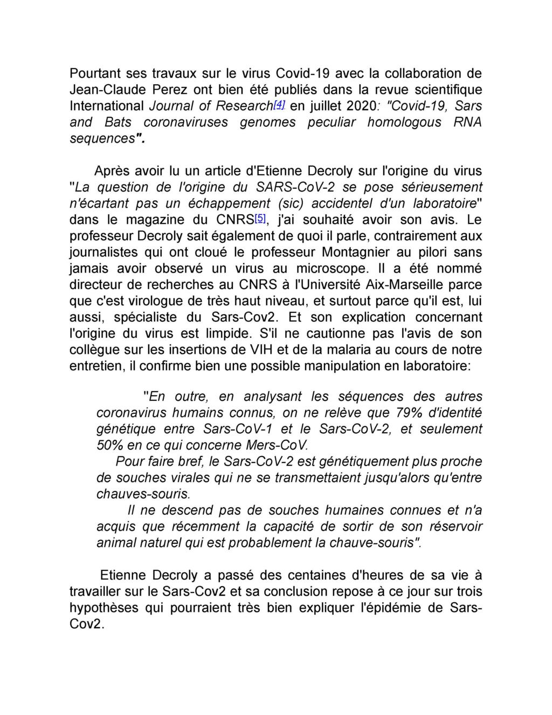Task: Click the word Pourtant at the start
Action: pyautogui.click(x=94, y=73)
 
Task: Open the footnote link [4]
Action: pyautogui.click(x=279, y=104)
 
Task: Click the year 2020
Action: pyautogui.click(x=374, y=106)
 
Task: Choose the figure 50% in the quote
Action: pyautogui.click(x=109, y=446)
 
